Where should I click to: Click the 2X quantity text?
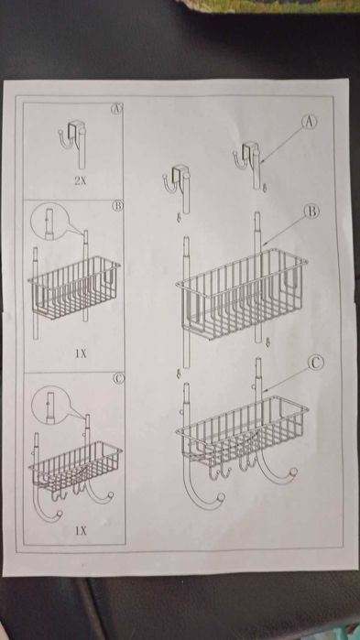(81, 182)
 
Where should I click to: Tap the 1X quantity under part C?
(81, 528)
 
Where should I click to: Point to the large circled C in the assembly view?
(314, 363)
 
